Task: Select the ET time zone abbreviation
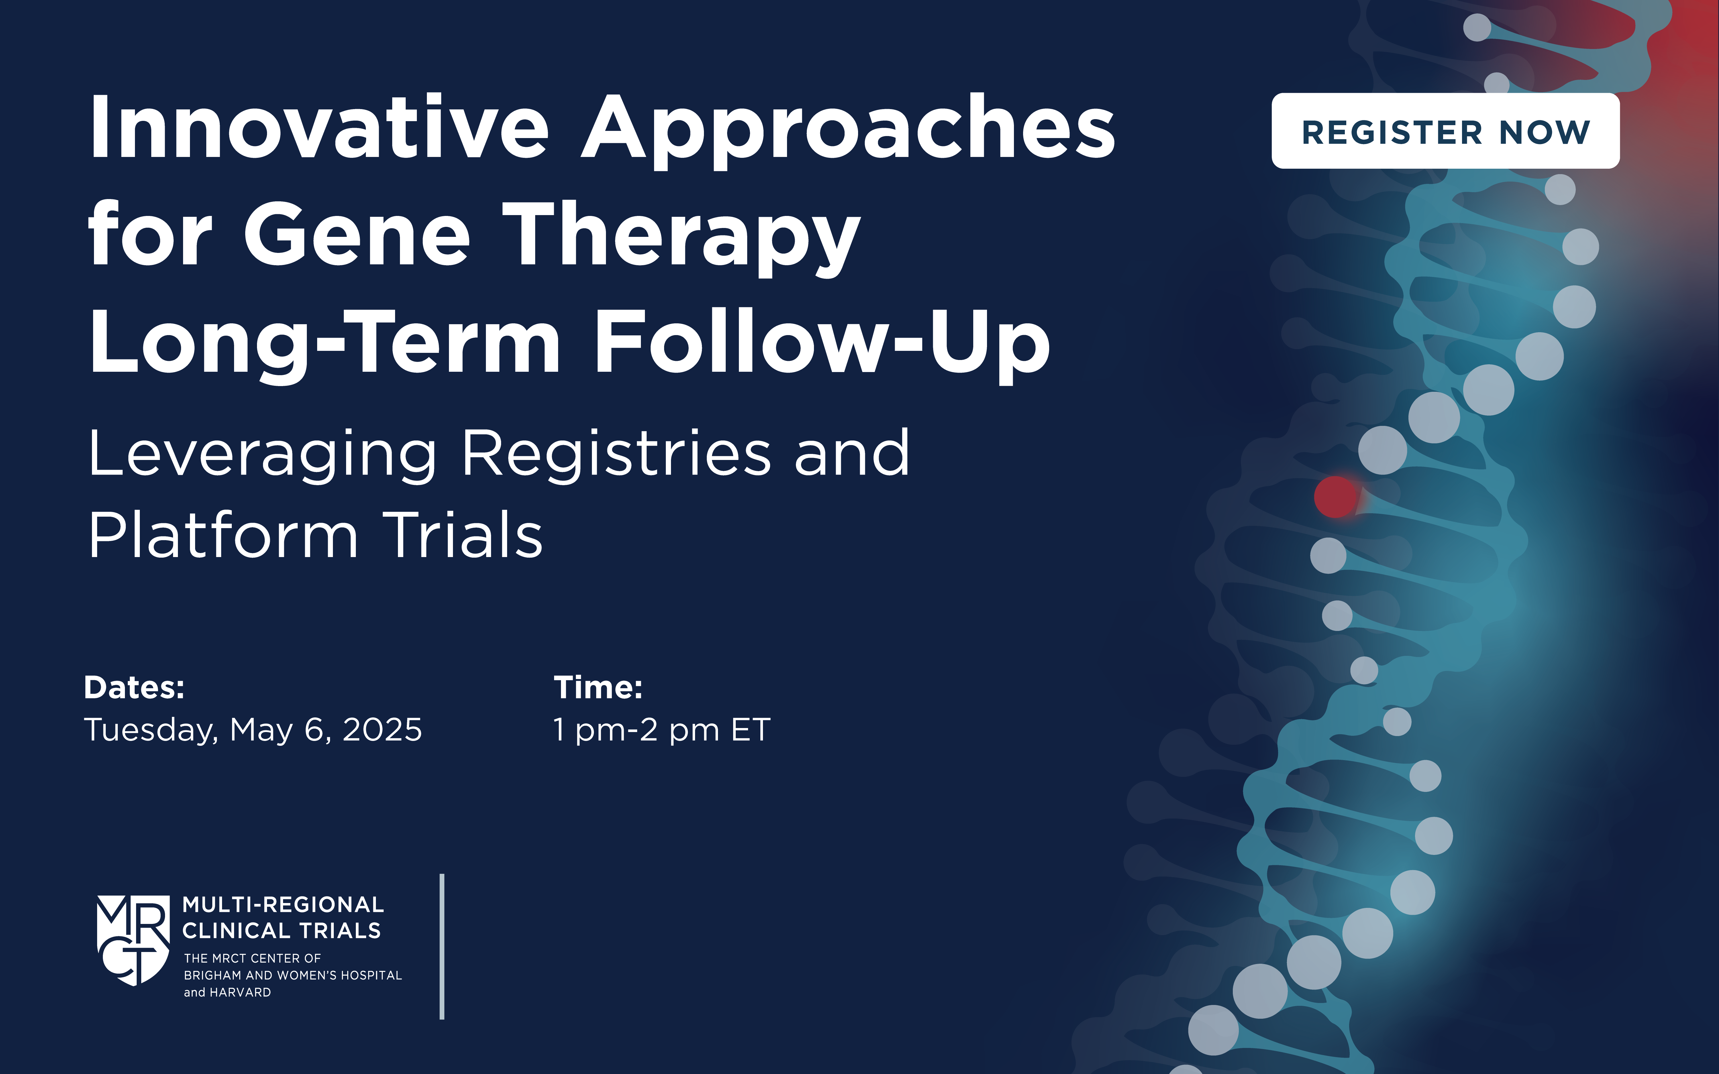751,729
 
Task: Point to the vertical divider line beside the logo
442,946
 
